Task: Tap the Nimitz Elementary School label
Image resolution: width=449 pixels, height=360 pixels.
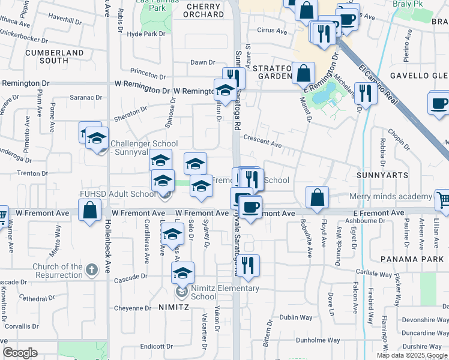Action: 225,292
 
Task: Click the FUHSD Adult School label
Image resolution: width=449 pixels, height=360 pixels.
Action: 118,194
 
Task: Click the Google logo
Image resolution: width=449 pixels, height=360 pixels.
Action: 20,353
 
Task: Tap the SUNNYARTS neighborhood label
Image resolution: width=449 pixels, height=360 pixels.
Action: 382,175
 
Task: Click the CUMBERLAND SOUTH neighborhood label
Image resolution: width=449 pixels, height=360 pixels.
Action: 55,56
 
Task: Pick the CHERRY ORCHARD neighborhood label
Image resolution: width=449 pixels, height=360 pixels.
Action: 204,11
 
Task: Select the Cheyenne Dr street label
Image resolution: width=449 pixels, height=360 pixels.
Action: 133,308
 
